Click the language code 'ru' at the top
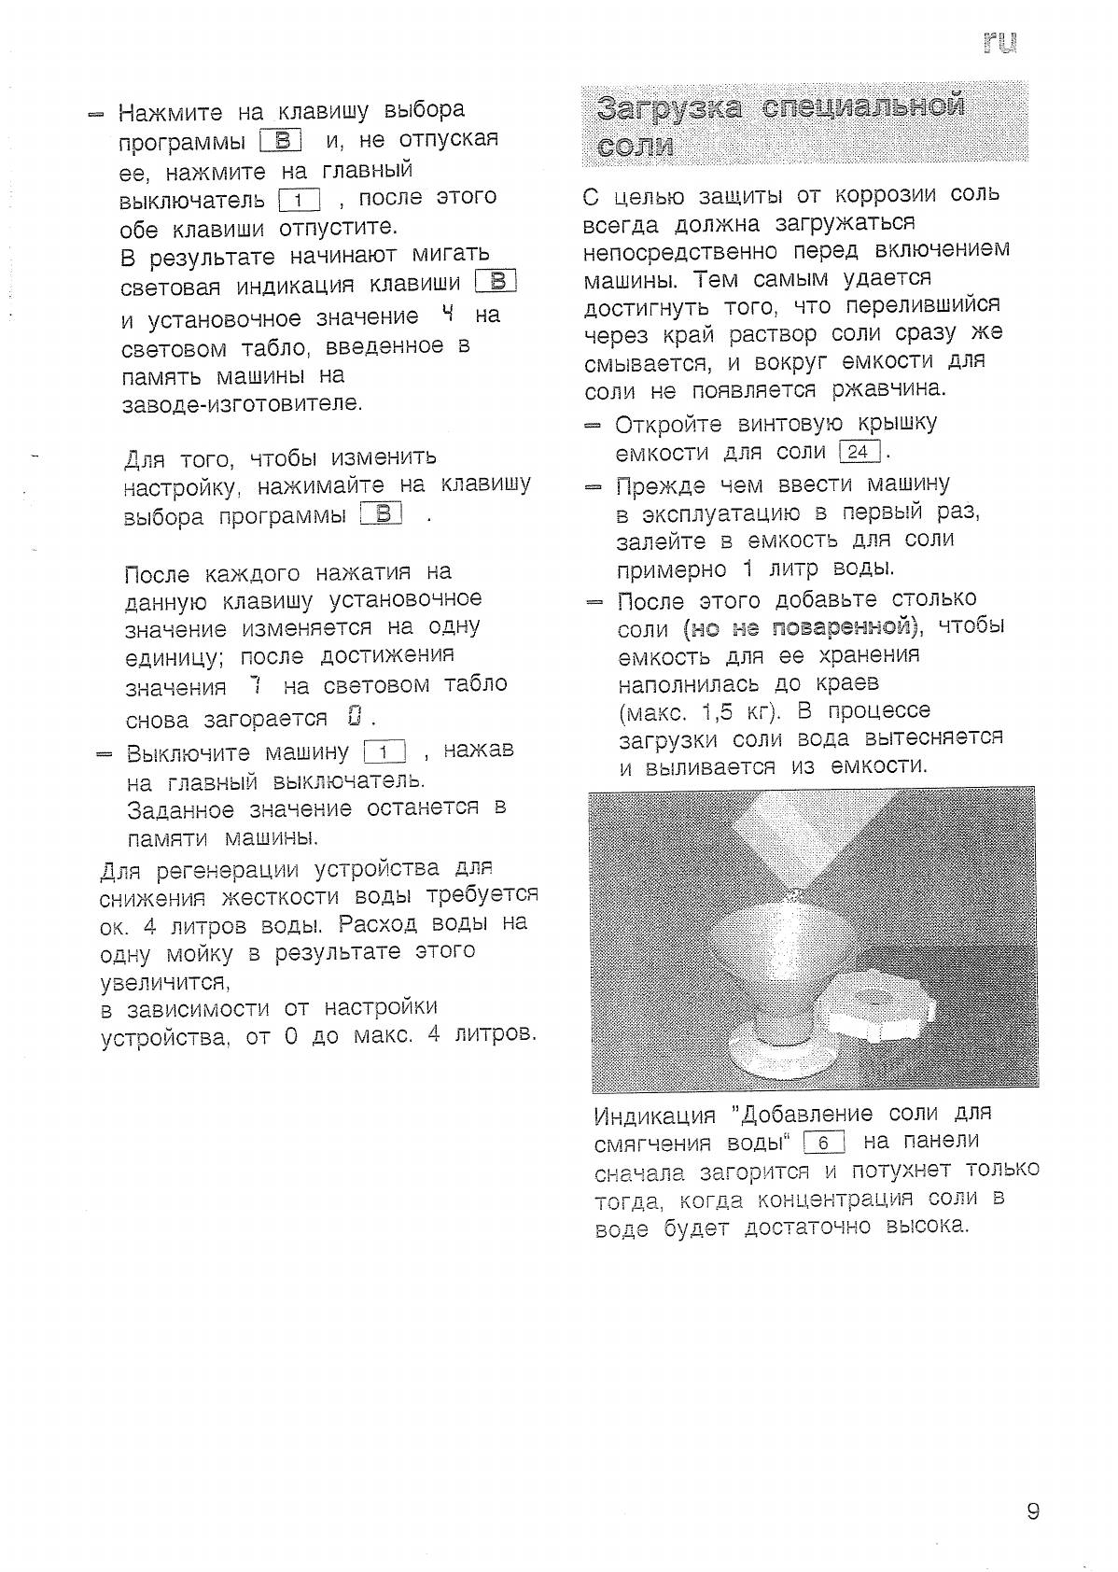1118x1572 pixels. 999,42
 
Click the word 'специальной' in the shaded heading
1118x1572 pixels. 863,106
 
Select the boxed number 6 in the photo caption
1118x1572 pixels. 823,1143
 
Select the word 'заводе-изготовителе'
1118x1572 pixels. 242,404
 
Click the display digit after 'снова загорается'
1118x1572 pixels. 353,717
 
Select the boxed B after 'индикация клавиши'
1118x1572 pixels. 496,282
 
